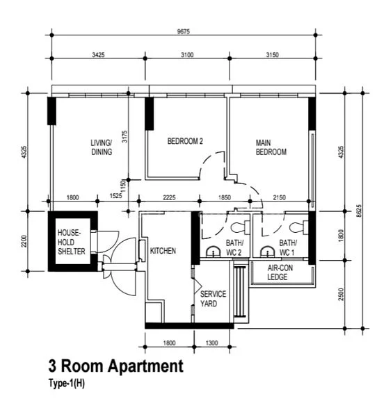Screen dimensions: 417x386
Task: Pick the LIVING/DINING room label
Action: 101,148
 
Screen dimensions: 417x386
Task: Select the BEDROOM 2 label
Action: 185,141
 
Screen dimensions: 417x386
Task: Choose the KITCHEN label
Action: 163,251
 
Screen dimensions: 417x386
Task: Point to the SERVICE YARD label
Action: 214,299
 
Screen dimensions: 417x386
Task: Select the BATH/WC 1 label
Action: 287,247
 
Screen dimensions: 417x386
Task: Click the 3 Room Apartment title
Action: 115,366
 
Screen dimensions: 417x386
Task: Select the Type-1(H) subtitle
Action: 66,382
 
